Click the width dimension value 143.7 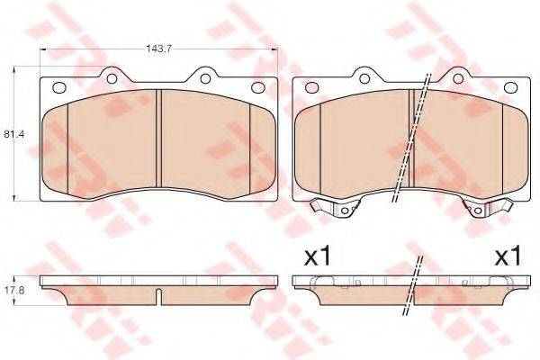coord(159,40)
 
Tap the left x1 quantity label coord(318,256)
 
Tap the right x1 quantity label coord(508,256)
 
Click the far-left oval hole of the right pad coord(312,87)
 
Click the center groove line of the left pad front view coord(159,144)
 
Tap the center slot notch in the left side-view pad coord(159,295)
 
